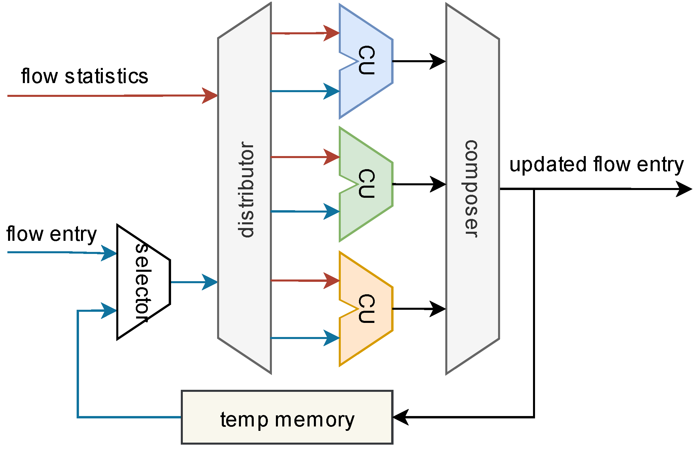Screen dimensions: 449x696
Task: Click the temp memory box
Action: tap(287, 417)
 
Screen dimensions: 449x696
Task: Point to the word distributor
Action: tap(247, 189)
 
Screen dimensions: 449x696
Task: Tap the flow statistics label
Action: tap(85, 76)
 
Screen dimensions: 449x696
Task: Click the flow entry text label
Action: tap(51, 234)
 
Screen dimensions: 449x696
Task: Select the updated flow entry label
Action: tap(597, 164)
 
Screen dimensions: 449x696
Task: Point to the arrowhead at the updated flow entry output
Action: tap(684, 189)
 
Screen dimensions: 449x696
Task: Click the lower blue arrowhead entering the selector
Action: tap(109, 310)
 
